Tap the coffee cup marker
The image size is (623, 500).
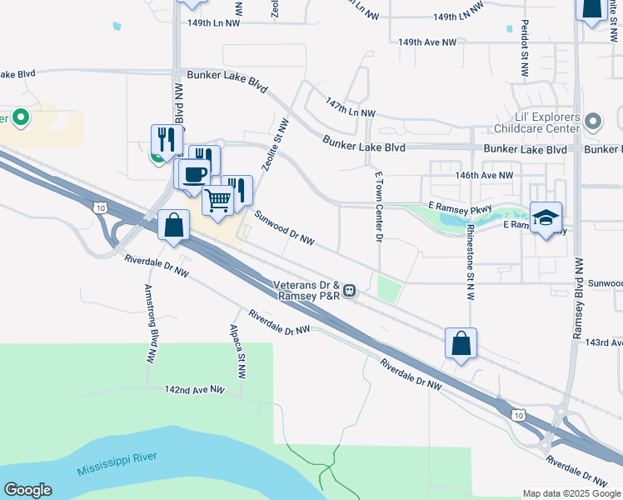194,174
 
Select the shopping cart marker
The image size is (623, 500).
217,200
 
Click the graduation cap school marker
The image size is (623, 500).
546,217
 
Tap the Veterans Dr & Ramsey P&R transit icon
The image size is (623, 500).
351,290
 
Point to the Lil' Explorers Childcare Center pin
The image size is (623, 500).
593,122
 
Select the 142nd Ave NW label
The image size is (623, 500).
195,389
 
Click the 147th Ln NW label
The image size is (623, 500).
351,108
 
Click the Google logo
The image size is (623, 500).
27,490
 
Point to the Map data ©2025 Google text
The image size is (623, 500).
571,493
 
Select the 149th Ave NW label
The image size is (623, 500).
427,42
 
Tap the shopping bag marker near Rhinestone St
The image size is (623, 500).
461,343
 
